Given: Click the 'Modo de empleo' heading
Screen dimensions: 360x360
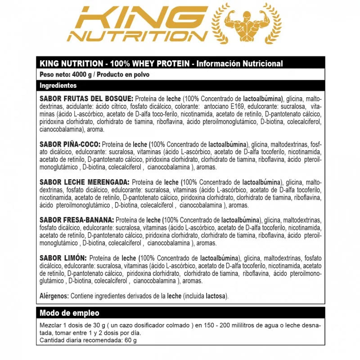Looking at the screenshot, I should click(x=69, y=313).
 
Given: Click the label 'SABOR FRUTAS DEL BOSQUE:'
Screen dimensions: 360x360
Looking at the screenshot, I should click(x=86, y=99).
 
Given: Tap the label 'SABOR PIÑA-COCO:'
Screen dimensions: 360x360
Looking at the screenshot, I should click(x=70, y=144).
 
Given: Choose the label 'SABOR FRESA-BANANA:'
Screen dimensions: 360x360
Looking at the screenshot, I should click(x=77, y=220).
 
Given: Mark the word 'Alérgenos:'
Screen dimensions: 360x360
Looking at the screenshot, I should click(x=54, y=296).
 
